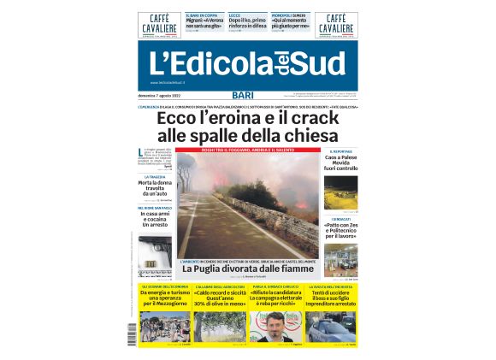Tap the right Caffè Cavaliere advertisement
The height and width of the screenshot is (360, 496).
[336, 26]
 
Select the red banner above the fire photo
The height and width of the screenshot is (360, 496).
[248, 150]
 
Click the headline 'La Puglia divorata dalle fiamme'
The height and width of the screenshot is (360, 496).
[242, 269]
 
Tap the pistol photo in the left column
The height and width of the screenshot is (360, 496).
[156, 251]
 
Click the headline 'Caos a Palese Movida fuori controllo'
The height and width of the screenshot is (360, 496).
[341, 163]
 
